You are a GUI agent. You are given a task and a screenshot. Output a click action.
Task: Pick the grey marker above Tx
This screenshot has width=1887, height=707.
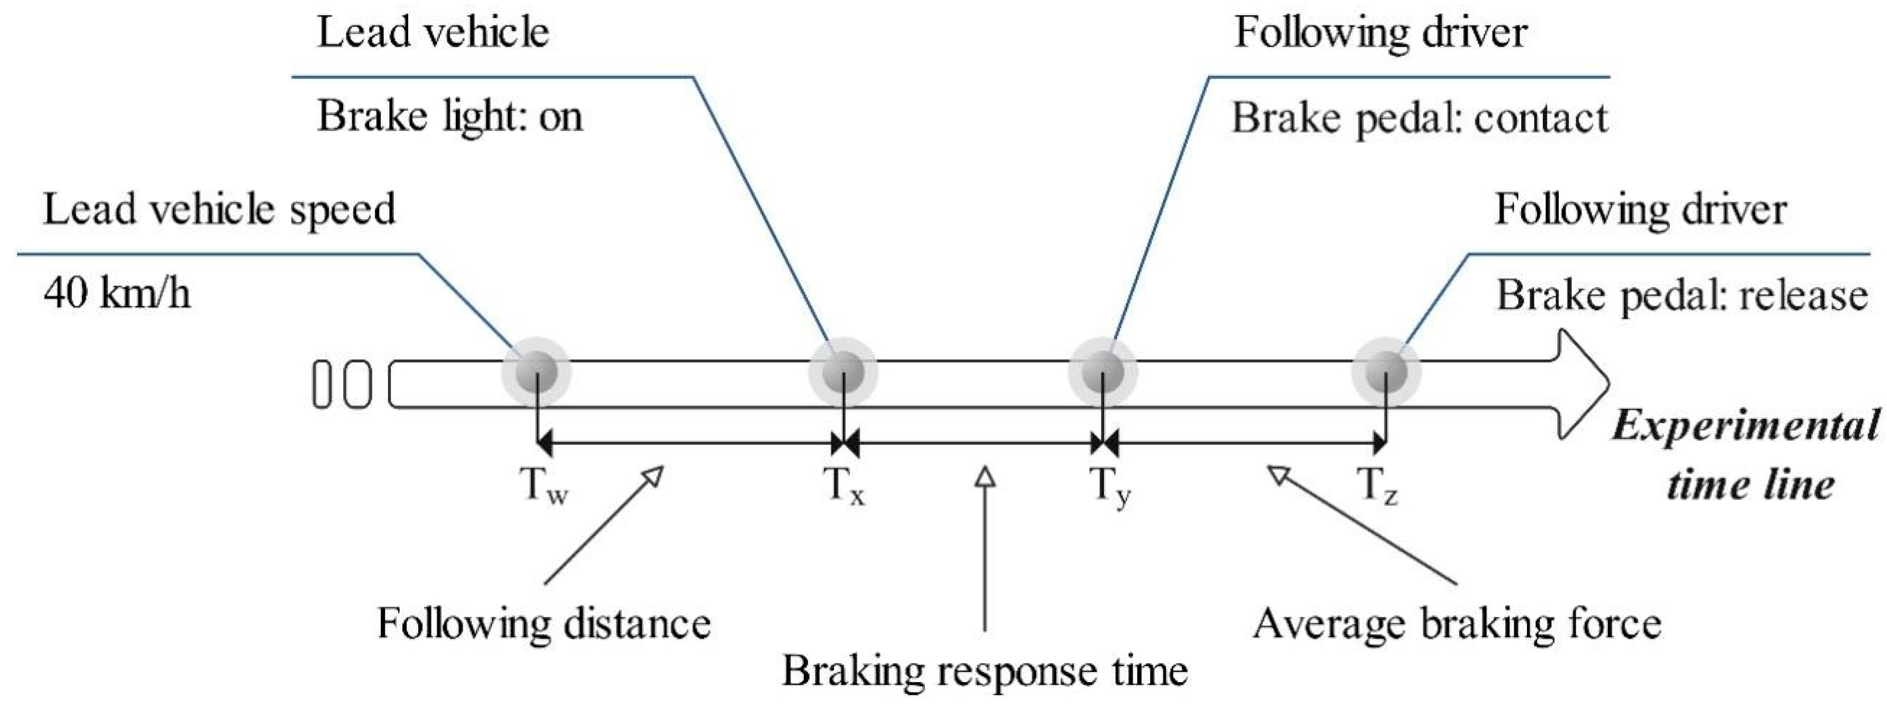click(x=843, y=371)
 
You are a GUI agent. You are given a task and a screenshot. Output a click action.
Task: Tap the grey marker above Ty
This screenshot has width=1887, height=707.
click(x=1103, y=371)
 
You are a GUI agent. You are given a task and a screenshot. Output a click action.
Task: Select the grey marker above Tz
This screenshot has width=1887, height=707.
click(x=1386, y=371)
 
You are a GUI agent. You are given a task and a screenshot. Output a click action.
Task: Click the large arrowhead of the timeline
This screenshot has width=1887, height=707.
click(x=1582, y=384)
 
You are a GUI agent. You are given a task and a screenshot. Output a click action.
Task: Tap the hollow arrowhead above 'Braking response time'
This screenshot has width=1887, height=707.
click(x=985, y=478)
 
